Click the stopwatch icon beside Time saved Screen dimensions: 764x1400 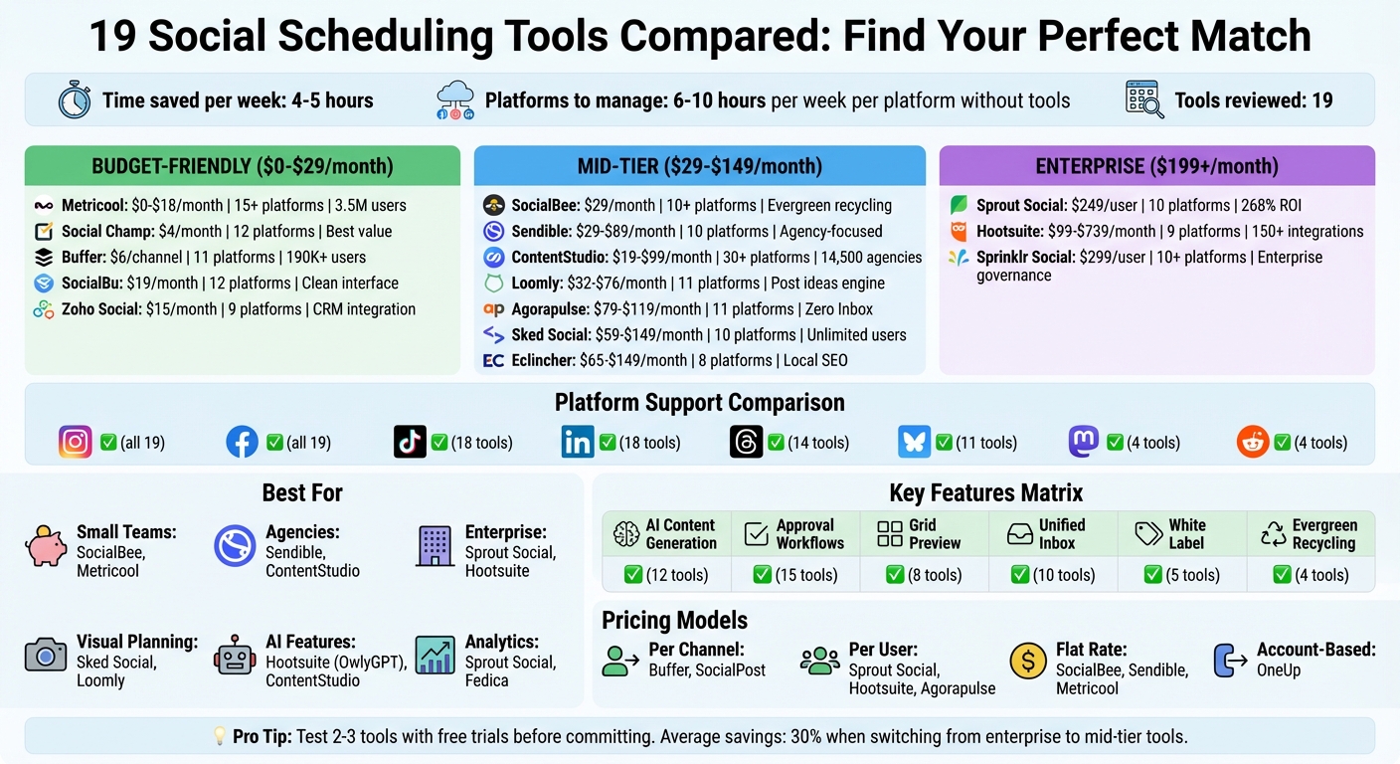(75, 100)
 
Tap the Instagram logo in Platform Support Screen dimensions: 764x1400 (76, 442)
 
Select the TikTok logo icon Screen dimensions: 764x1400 (410, 442)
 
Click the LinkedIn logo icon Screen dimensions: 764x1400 (578, 442)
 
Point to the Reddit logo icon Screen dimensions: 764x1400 (1253, 442)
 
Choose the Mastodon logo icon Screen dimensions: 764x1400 (1084, 442)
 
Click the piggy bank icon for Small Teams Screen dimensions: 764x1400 (46, 547)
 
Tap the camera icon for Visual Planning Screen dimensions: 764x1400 (46, 657)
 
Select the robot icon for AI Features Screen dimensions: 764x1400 (235, 657)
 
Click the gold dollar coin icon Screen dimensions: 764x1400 (1028, 660)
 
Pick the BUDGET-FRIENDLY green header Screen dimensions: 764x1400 (243, 166)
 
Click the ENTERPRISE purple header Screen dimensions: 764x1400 (1156, 166)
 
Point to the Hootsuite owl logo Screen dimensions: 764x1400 (959, 232)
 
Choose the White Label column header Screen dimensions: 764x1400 (1186, 534)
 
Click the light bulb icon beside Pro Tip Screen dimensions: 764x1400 (221, 736)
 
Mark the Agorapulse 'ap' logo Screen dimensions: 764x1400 (493, 309)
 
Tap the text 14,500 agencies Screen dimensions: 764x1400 (872, 258)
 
